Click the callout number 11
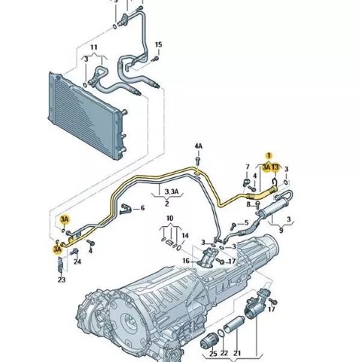(x=94, y=47)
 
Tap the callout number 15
(x=158, y=44)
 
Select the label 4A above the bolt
(x=199, y=146)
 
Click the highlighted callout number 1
(x=269, y=155)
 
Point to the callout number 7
(x=247, y=167)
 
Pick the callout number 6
(x=142, y=208)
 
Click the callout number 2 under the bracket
(x=166, y=204)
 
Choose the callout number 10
(x=169, y=219)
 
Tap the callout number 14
(x=185, y=236)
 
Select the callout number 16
(x=186, y=261)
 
